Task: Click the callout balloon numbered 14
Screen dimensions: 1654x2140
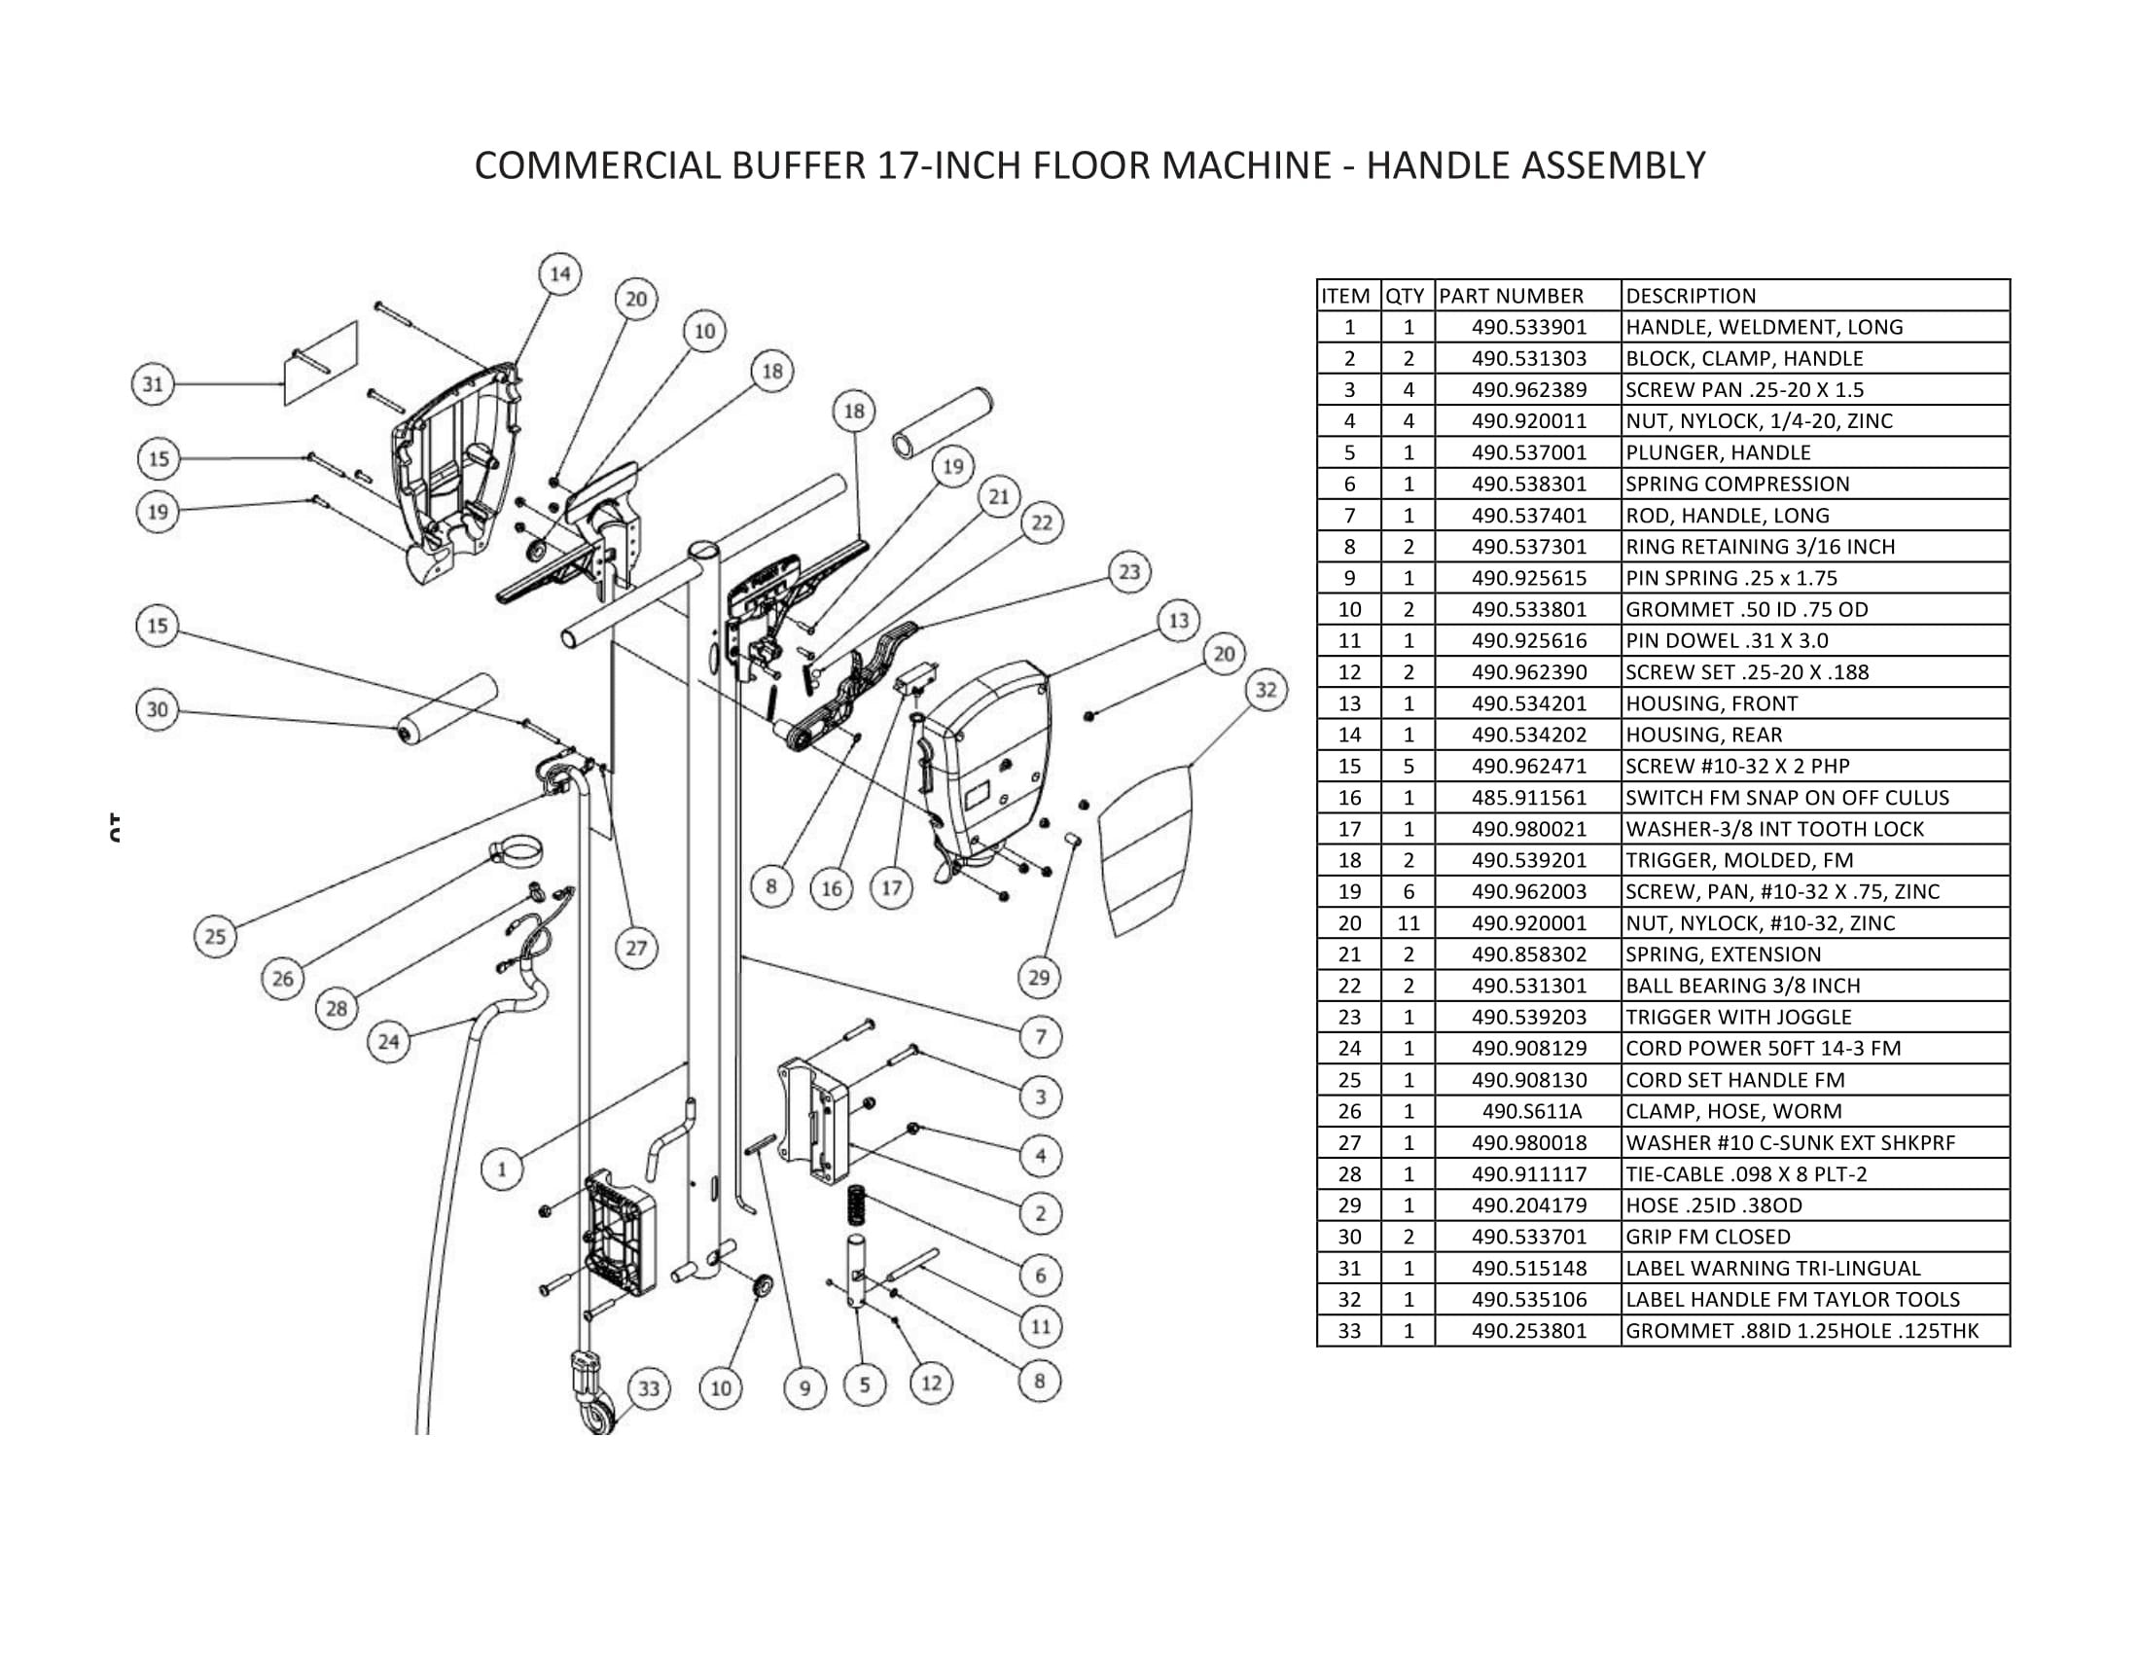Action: [x=559, y=273]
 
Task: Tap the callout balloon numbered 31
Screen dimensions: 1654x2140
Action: [x=153, y=383]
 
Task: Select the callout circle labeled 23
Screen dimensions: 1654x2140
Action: [x=1128, y=571]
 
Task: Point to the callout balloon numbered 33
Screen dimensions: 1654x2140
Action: [x=649, y=1388]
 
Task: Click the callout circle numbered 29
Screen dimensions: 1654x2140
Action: [x=1039, y=977]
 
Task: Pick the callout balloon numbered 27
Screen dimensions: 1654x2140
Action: [x=636, y=948]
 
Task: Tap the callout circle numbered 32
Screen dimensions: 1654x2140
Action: [x=1266, y=690]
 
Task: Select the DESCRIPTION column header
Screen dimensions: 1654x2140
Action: [x=1691, y=296]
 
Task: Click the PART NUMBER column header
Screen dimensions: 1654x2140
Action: [x=1511, y=296]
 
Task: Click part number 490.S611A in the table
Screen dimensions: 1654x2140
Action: [x=1530, y=1111]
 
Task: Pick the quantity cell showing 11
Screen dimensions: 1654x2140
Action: [x=1409, y=923]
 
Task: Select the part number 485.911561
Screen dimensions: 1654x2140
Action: [x=1528, y=798]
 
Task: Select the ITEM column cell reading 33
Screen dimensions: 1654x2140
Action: [x=1349, y=1331]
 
